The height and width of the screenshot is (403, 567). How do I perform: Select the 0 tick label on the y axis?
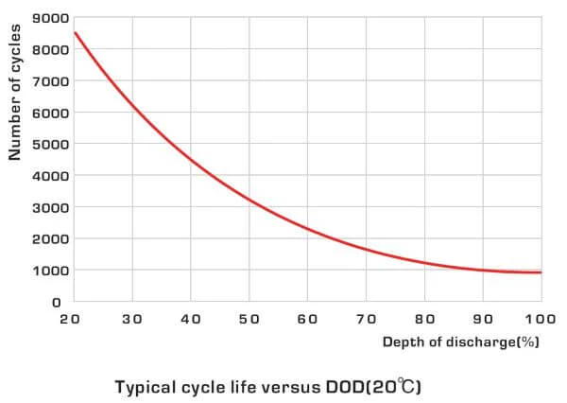[x=57, y=302]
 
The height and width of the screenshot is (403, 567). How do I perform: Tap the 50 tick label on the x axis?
[x=249, y=320]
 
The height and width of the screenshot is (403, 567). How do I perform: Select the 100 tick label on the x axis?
[x=540, y=320]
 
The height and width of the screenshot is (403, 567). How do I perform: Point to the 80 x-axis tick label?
[x=424, y=320]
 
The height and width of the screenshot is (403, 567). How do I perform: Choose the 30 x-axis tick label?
[x=131, y=320]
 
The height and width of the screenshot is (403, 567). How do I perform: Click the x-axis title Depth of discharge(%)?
[x=460, y=342]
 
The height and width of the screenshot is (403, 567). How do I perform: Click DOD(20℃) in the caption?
[x=370, y=387]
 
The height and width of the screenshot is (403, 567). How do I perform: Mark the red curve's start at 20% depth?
[x=74, y=33]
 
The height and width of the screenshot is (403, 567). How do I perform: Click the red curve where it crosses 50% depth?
[x=249, y=200]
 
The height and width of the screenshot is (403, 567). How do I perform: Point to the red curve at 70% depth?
[x=366, y=249]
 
